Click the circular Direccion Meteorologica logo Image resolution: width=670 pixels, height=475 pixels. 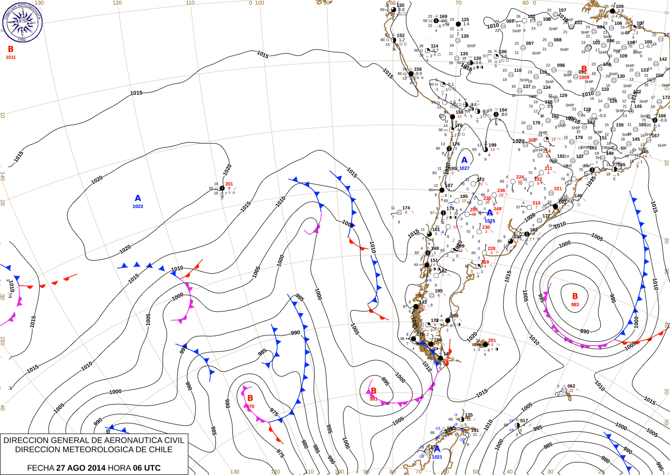pyautogui.click(x=22, y=23)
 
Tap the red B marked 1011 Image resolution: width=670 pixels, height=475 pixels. pyautogui.click(x=11, y=49)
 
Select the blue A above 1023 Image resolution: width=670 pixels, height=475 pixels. pyautogui.click(x=138, y=198)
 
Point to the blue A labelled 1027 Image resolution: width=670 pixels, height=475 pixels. pyautogui.click(x=464, y=160)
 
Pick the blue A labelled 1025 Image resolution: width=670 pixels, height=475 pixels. pyautogui.click(x=490, y=213)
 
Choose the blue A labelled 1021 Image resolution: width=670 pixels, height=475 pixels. pyautogui.click(x=437, y=449)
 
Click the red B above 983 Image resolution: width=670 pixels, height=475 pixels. pyautogui.click(x=575, y=296)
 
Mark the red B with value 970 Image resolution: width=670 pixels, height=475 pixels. pyautogui.click(x=250, y=398)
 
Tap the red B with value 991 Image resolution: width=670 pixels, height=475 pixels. pyautogui.click(x=373, y=391)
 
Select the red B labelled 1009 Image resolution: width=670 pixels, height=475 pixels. pyautogui.click(x=584, y=70)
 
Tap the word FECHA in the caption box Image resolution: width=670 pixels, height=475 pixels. pyautogui.click(x=41, y=468)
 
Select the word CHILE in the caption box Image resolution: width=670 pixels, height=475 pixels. pyautogui.click(x=161, y=449)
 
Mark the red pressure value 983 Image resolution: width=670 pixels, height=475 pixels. pyautogui.click(x=575, y=305)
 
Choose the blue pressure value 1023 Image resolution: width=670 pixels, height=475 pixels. pyautogui.click(x=138, y=207)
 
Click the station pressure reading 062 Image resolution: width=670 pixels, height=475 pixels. pyautogui.click(x=571, y=386)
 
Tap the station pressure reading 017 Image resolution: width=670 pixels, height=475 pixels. pyautogui.click(x=524, y=421)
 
